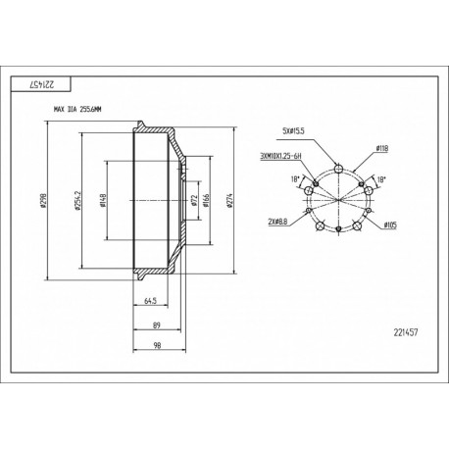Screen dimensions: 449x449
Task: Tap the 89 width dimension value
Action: (x=156, y=327)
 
